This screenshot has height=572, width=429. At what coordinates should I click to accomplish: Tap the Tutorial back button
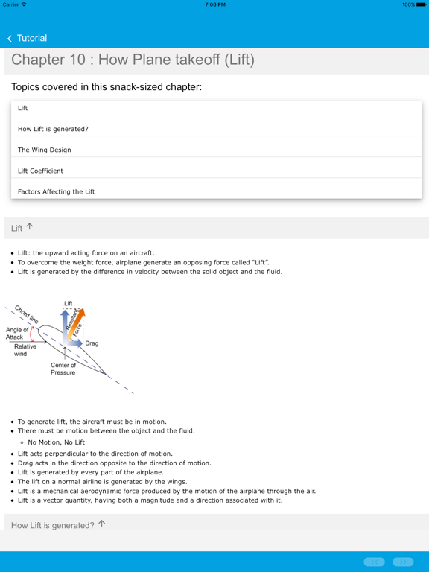(27, 38)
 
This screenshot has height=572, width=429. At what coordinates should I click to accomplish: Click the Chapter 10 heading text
(133, 60)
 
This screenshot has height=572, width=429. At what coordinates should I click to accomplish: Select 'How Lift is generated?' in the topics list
(53, 129)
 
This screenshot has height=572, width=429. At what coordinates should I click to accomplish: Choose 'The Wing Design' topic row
(45, 150)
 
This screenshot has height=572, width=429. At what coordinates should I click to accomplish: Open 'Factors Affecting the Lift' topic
(57, 191)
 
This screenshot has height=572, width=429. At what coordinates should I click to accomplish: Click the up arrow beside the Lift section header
(30, 227)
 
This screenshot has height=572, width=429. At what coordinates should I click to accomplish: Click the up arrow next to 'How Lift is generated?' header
(102, 524)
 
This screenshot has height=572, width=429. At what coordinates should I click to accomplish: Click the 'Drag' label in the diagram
(92, 344)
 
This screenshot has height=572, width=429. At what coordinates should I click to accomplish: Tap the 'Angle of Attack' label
(17, 334)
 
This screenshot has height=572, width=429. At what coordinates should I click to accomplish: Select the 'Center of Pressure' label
(63, 369)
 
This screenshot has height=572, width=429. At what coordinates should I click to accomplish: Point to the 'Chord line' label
(27, 314)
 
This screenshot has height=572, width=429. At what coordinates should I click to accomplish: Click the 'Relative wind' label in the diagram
(25, 350)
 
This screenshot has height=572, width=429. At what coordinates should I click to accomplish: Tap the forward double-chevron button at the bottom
(403, 562)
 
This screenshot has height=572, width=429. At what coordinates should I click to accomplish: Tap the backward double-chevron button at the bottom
(374, 562)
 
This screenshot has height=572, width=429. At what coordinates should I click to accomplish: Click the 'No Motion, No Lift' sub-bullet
(57, 442)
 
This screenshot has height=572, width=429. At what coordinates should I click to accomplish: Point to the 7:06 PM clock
(214, 4)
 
